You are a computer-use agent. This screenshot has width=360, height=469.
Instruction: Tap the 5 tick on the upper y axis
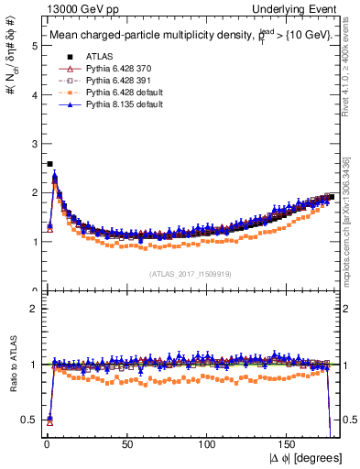click(x=32, y=45)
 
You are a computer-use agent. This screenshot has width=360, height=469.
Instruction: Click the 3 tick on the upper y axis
click(x=32, y=143)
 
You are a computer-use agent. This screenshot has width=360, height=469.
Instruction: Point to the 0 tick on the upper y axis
click(x=32, y=290)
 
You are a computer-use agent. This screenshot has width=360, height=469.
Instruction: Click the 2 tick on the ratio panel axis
click(x=32, y=308)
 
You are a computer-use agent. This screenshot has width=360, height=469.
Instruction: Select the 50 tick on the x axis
click(x=125, y=442)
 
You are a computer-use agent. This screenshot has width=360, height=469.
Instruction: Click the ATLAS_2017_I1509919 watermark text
click(x=190, y=273)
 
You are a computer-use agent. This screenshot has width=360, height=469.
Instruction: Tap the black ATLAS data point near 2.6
click(x=49, y=164)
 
